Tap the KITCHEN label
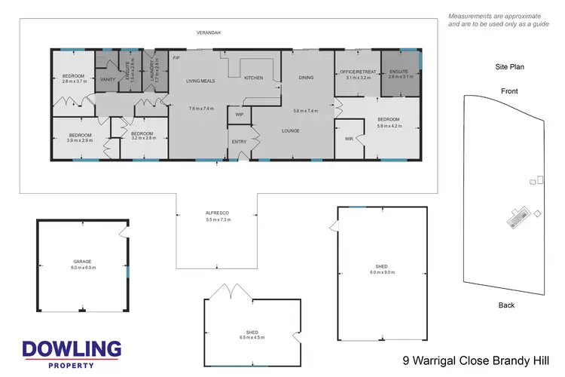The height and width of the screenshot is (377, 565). pyautogui.click(x=253, y=78)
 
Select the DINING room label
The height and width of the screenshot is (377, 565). pyautogui.click(x=306, y=77)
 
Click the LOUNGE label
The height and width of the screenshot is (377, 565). pyautogui.click(x=291, y=130)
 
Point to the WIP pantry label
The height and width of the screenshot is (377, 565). pyautogui.click(x=240, y=115)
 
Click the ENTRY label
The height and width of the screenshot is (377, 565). pyautogui.click(x=239, y=142)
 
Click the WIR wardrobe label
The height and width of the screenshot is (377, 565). pyautogui.click(x=349, y=139)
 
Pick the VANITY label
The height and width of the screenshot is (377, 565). pyautogui.click(x=108, y=78)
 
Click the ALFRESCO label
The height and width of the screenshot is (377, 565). pyautogui.click(x=217, y=213)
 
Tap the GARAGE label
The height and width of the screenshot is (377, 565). pyautogui.click(x=83, y=262)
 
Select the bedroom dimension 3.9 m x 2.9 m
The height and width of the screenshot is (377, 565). pyautogui.click(x=79, y=140)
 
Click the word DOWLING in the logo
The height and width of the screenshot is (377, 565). pyautogui.click(x=72, y=348)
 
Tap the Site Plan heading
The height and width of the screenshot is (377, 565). pyautogui.click(x=509, y=66)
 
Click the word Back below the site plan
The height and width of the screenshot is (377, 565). pyautogui.click(x=507, y=305)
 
